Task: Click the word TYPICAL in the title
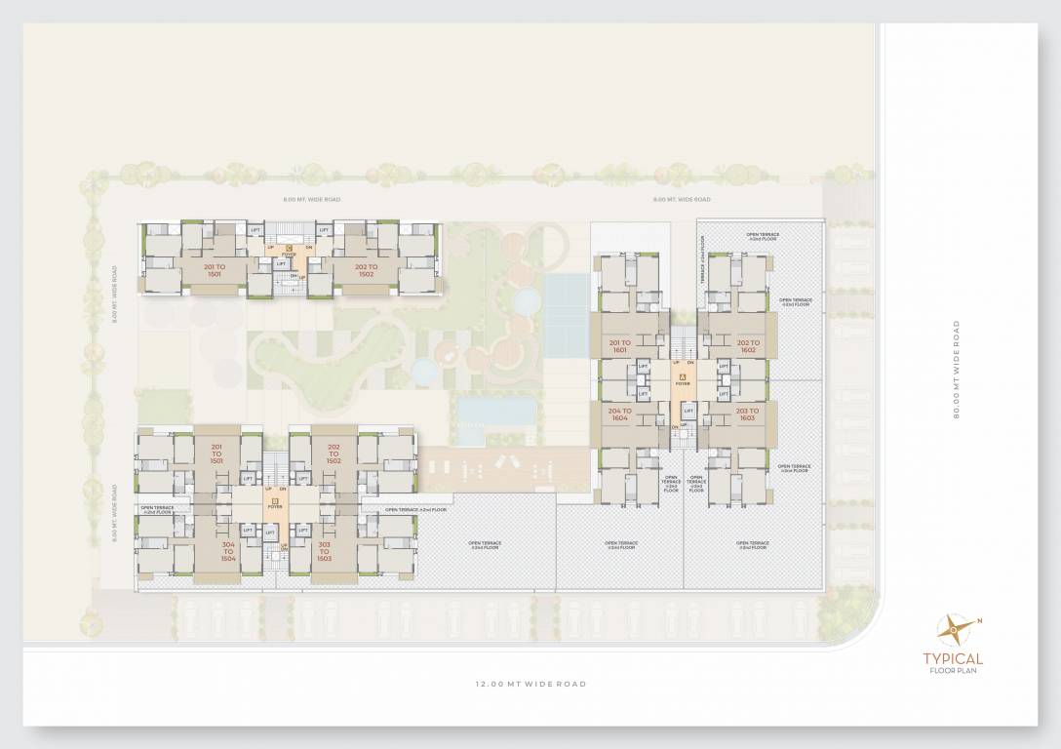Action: click(953, 659)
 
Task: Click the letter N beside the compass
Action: click(979, 621)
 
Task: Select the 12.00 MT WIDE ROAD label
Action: click(530, 684)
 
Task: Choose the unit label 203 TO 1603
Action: click(747, 414)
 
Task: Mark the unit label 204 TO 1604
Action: click(620, 414)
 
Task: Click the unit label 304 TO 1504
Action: click(228, 551)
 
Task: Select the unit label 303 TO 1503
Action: click(324, 551)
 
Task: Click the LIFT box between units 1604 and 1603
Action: click(688, 412)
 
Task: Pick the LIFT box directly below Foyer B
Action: click(249, 531)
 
